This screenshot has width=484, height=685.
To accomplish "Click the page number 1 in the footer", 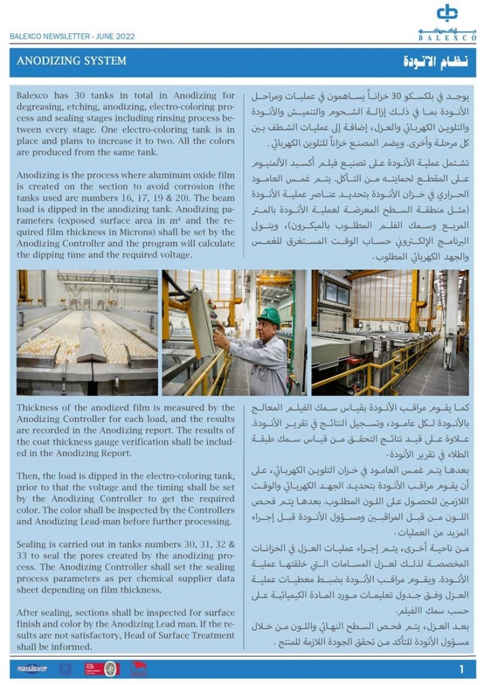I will [461, 668].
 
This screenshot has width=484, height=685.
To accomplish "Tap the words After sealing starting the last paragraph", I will [45, 613].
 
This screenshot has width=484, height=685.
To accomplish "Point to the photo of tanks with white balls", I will [87, 332].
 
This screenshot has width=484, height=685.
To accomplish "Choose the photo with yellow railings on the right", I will [390, 332].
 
